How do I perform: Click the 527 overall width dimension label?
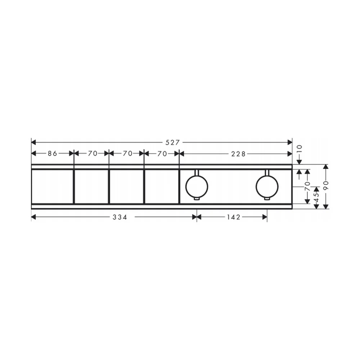pyautogui.click(x=172, y=143)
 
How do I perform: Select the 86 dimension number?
pyautogui.click(x=52, y=153)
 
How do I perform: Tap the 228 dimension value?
pyautogui.click(x=238, y=154)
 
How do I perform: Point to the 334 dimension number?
pyautogui.click(x=120, y=217)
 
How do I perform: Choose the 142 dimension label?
pyautogui.click(x=234, y=217)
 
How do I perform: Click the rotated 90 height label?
pyautogui.click(x=325, y=185)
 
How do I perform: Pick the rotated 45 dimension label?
pyautogui.click(x=316, y=197)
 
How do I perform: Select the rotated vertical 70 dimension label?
pyautogui.click(x=307, y=186)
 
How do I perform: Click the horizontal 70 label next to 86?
pyautogui.click(x=93, y=153)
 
